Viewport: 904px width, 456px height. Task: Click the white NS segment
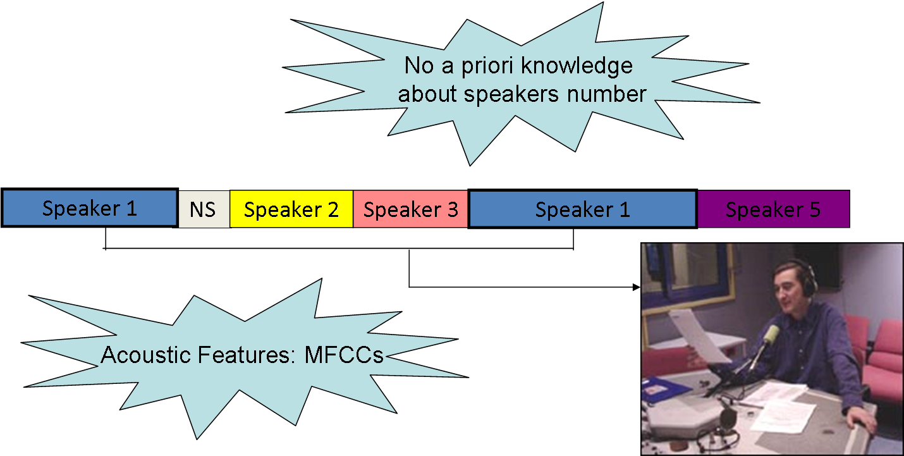[204, 209]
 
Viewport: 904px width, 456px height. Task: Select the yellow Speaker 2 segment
[291, 209]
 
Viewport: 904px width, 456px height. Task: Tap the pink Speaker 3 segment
[410, 209]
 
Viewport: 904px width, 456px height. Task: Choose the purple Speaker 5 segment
[774, 209]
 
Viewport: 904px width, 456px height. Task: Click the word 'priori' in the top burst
[487, 66]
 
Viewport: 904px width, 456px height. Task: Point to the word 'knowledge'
[577, 66]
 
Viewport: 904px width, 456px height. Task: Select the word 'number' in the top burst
[607, 94]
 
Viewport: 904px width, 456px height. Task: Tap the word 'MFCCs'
[344, 355]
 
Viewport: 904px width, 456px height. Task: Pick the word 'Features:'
[247, 355]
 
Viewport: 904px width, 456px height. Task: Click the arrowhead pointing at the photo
[637, 287]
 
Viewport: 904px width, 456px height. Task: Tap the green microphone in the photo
[770, 335]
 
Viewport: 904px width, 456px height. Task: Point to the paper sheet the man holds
[700, 335]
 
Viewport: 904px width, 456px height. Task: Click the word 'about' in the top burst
[427, 94]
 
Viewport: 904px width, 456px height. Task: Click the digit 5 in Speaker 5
[815, 209]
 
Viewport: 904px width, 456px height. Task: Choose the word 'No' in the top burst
[420, 66]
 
